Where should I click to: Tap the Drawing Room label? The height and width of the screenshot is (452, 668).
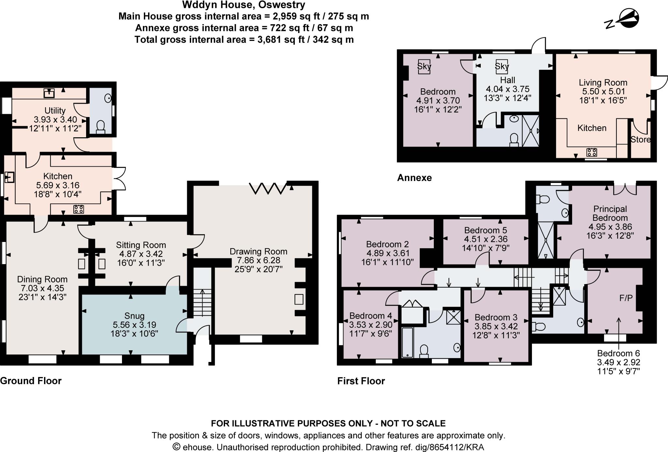click(258, 251)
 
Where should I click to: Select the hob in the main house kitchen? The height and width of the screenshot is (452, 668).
click(79, 209)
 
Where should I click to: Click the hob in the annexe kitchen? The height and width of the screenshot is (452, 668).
click(592, 152)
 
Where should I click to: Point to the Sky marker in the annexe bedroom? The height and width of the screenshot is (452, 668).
click(424, 66)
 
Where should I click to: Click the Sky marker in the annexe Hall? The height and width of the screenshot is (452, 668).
click(502, 66)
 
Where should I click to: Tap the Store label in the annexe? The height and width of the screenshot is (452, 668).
click(640, 140)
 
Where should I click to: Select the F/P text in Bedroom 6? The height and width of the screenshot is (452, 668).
click(626, 298)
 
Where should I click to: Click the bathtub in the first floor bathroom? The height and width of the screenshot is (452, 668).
click(407, 342)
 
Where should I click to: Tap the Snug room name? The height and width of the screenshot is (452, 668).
click(134, 316)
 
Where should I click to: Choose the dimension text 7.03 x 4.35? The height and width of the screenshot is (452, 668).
click(42, 288)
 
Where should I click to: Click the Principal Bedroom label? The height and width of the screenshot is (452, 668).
click(610, 213)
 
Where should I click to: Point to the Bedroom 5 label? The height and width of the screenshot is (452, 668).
click(485, 230)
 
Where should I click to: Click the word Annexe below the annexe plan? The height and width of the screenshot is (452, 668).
click(414, 178)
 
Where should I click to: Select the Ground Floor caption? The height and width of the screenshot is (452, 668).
click(31, 381)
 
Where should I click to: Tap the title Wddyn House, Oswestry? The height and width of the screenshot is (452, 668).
click(243, 5)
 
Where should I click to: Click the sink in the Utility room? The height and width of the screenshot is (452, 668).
click(49, 93)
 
